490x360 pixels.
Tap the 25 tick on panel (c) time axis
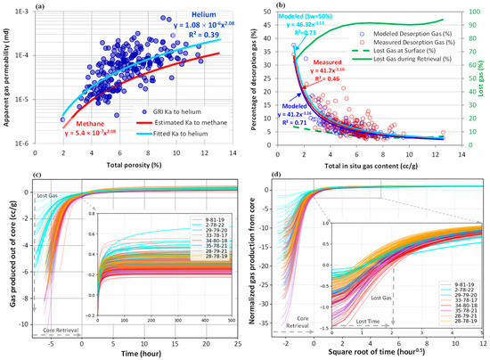click(233, 340)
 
